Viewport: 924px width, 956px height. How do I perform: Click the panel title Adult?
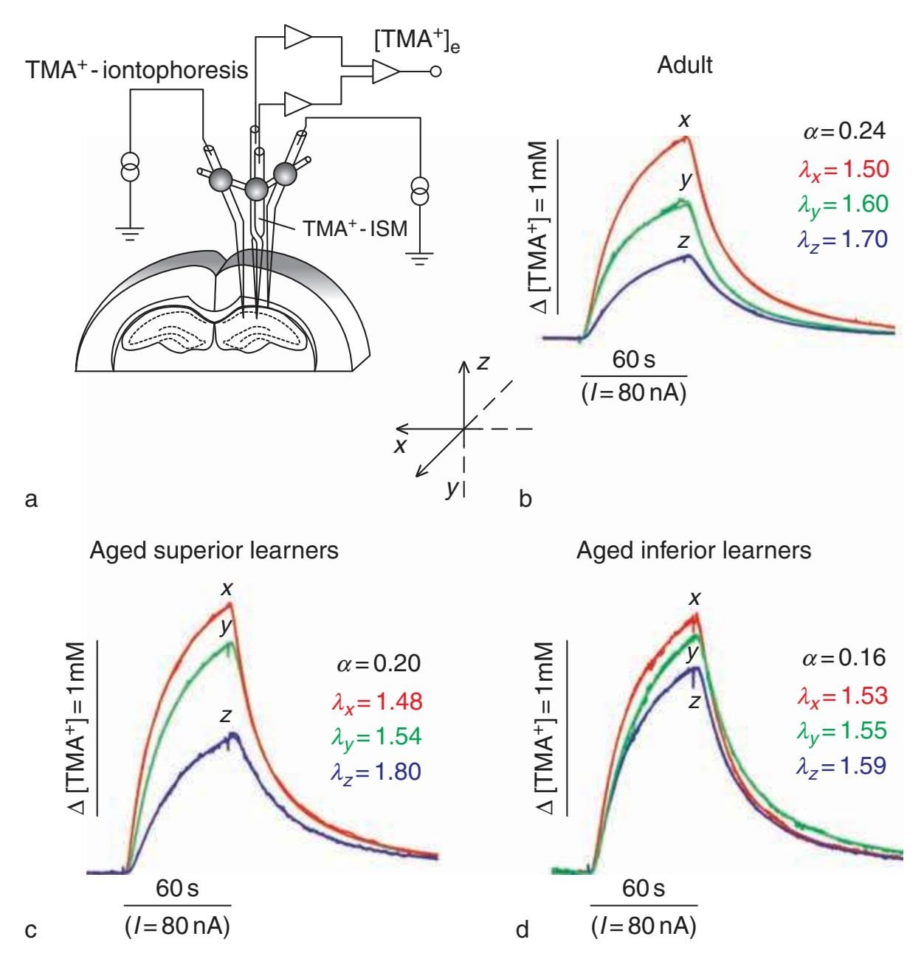tap(685, 65)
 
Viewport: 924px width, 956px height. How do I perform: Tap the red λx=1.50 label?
tap(843, 169)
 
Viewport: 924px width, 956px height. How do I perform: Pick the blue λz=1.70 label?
tap(843, 239)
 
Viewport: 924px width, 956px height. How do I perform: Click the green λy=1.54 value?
tap(376, 736)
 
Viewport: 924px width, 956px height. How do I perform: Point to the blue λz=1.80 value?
tap(376, 772)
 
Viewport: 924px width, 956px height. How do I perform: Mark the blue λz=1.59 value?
tap(841, 766)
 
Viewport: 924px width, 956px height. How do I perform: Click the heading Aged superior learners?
tap(214, 551)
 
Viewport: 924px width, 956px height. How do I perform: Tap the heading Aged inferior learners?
tap(694, 551)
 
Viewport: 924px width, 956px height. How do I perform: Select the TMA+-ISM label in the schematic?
tap(355, 228)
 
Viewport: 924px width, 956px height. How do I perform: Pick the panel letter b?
tap(525, 499)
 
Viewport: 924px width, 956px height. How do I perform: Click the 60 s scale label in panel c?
tap(177, 888)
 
